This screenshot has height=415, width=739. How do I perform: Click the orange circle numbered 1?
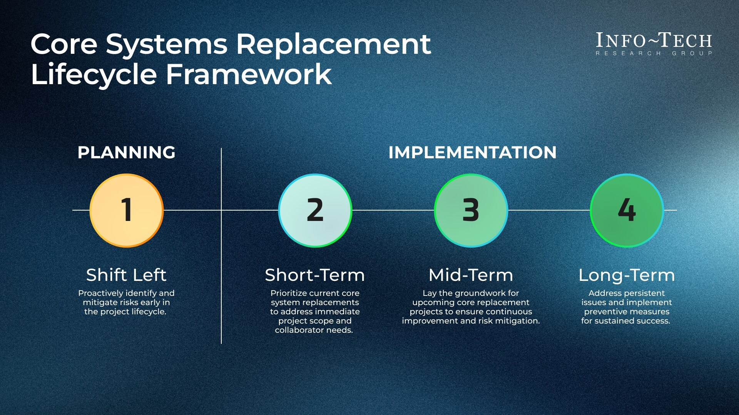[127, 210]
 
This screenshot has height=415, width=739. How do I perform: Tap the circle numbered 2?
[315, 210]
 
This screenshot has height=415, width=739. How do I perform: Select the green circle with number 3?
[471, 210]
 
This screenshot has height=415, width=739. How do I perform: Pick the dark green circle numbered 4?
[627, 210]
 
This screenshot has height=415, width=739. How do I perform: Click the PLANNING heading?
[126, 153]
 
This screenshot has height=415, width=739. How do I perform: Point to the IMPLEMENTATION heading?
[472, 153]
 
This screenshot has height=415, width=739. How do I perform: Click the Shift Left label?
[126, 275]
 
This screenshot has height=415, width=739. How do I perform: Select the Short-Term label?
[315, 275]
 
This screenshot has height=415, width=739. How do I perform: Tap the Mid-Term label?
[471, 275]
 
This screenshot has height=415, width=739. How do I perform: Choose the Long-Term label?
[627, 275]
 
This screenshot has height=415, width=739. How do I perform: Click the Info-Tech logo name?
[654, 41]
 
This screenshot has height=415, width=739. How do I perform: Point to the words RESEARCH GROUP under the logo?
[654, 53]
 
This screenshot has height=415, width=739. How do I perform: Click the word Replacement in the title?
[333, 44]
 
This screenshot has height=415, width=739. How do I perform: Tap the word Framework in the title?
[249, 74]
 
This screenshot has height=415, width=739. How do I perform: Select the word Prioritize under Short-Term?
[289, 293]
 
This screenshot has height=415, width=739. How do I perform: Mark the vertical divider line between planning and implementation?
[221, 269]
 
